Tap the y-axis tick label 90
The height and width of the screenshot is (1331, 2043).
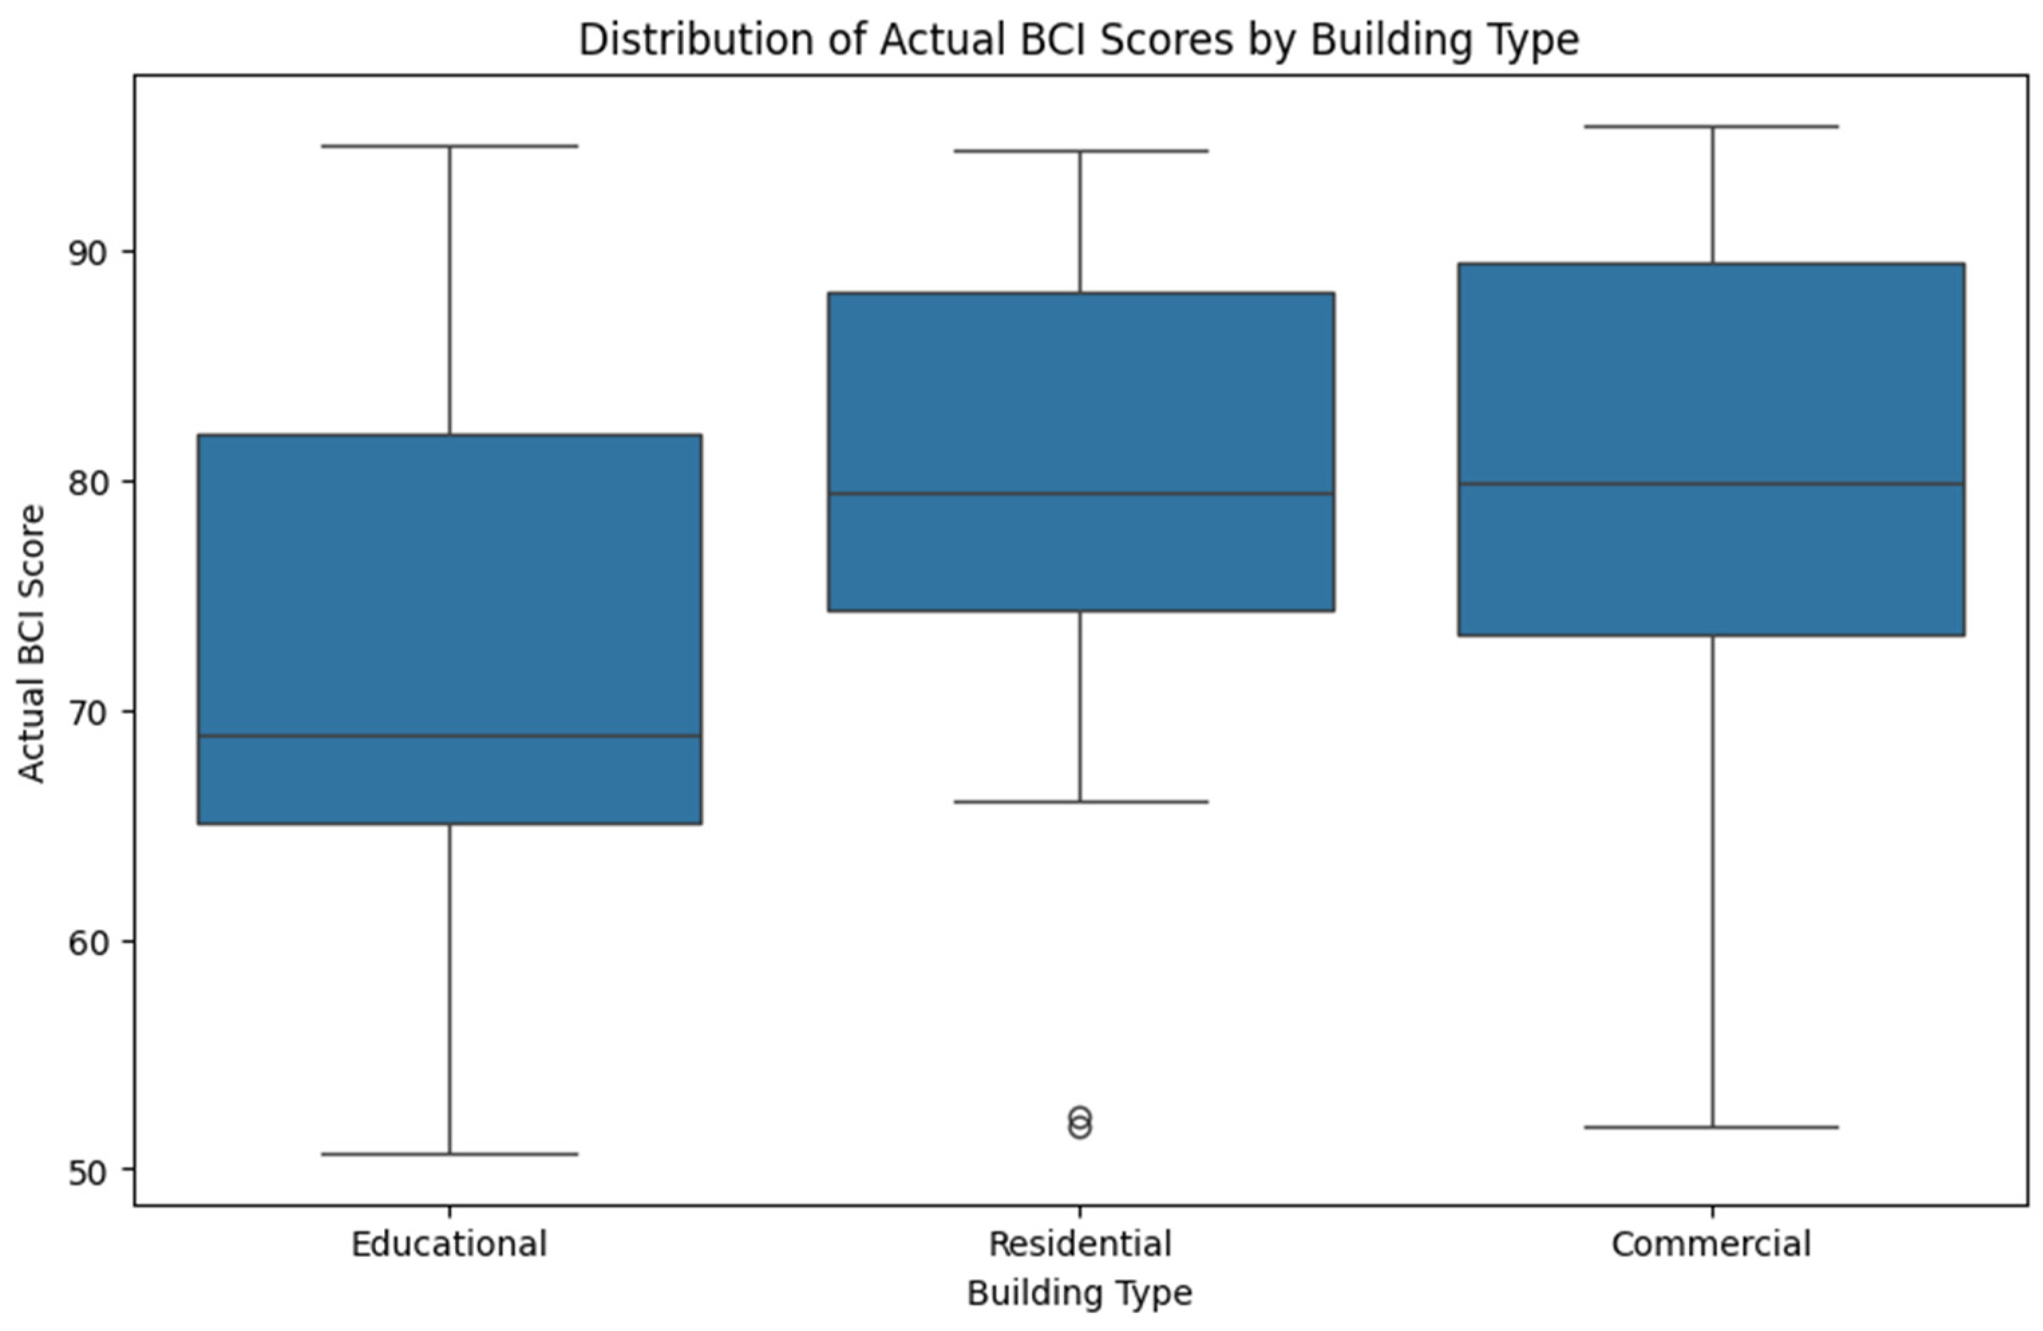(88, 252)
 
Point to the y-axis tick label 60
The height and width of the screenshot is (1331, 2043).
(88, 942)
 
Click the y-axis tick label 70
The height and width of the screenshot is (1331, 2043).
(88, 712)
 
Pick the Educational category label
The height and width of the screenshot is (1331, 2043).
(449, 1244)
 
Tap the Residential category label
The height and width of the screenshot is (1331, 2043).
(1080, 1244)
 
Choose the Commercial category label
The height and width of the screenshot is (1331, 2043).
(1711, 1244)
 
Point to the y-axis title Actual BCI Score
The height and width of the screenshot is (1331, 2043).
(31, 644)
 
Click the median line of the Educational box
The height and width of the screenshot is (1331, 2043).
(449, 736)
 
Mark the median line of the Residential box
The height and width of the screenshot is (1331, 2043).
(1080, 493)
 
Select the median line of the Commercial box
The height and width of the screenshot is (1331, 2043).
(1711, 484)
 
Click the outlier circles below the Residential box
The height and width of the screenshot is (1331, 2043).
(1080, 1122)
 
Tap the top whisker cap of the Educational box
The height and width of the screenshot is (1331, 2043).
(449, 146)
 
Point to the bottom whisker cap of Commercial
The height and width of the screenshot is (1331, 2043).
(1712, 1127)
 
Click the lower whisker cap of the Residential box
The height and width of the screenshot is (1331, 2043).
(1080, 802)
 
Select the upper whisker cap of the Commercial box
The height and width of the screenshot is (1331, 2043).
(1712, 126)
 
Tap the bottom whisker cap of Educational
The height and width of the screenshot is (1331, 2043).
(449, 1154)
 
